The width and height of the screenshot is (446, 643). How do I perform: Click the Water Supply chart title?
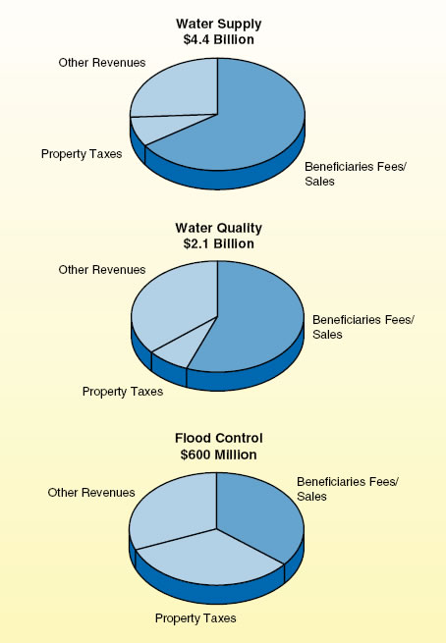pos(217,23)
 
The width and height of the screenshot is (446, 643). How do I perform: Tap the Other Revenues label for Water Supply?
pos(102,63)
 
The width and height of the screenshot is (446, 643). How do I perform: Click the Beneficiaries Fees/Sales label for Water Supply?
pos(354,173)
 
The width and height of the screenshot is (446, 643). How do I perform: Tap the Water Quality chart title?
pos(218,228)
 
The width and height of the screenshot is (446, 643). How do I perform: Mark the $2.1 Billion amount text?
pos(218,243)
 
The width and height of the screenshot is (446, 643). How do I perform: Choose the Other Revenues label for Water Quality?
pos(102,269)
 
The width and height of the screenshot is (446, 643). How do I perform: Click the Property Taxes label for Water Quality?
pos(123,392)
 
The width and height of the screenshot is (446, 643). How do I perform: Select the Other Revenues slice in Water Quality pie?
pos(172,299)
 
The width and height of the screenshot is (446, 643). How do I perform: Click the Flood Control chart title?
pos(218,438)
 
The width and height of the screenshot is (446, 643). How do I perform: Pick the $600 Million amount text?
pos(218,455)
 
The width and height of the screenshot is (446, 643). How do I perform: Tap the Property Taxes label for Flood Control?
pos(195,618)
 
